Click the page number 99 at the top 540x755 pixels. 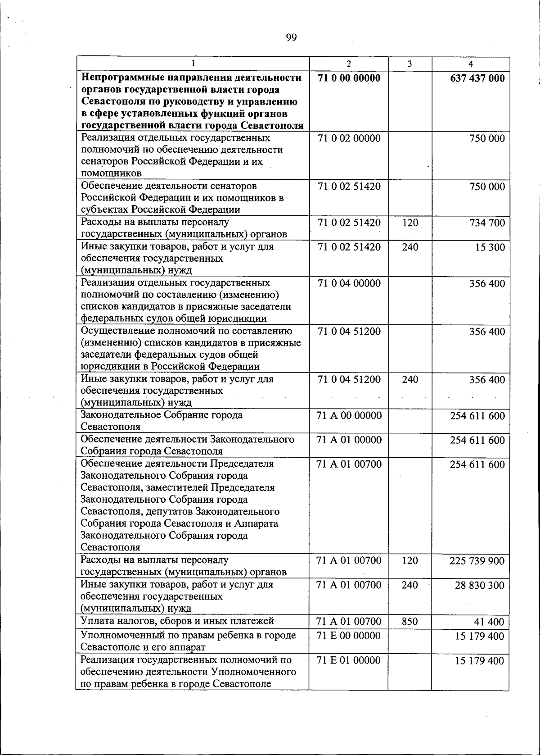click(291, 38)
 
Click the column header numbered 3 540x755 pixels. click(409, 64)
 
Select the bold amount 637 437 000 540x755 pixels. click(477, 78)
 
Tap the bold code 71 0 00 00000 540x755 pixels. click(349, 78)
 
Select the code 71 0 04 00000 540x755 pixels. click(349, 283)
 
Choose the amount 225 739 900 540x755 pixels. click(477, 561)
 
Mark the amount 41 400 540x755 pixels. click(490, 622)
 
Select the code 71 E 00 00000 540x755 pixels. click(349, 636)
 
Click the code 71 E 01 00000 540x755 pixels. click(349, 660)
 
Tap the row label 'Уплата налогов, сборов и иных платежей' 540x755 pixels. click(177, 622)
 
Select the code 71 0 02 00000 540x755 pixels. click(349, 138)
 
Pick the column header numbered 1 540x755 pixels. click(193, 64)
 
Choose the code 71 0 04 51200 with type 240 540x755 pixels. click(349, 379)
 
